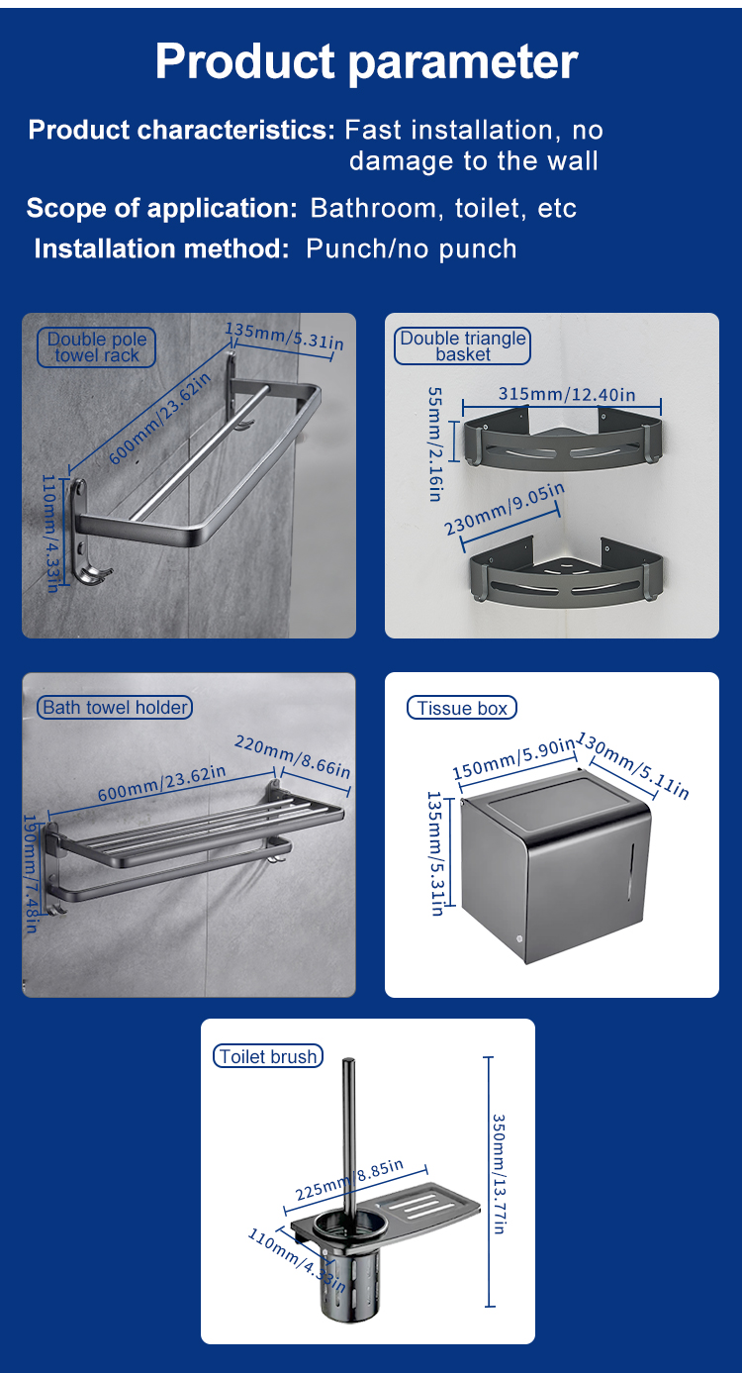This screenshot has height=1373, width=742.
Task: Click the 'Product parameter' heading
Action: (366, 62)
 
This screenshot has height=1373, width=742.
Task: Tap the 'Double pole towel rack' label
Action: (97, 347)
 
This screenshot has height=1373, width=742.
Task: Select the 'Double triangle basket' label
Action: (463, 345)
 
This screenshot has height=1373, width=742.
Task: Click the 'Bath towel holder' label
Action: (115, 708)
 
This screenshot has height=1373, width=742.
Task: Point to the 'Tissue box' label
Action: (462, 708)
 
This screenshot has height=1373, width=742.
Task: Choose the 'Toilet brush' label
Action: (268, 1056)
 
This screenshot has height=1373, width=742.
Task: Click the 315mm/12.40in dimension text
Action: (567, 394)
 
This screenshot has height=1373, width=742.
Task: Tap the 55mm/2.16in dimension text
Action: (435, 443)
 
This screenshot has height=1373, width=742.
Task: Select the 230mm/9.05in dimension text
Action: (504, 509)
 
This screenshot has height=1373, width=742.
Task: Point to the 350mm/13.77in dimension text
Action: (500, 1174)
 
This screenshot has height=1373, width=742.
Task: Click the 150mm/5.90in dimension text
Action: (513, 757)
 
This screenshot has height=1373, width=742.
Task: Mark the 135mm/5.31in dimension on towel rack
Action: (284, 336)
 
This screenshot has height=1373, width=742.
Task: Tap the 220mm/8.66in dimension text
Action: (292, 756)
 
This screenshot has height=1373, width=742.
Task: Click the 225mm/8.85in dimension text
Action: (349, 1180)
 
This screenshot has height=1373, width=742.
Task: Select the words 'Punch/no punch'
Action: (412, 248)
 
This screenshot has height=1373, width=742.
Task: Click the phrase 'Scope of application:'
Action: (162, 209)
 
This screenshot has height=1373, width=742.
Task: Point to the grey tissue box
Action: (554, 865)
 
